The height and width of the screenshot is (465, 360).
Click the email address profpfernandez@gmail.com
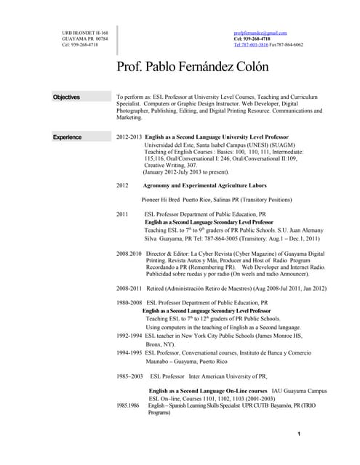tap(260, 33)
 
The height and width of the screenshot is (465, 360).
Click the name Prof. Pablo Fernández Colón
tap(192, 67)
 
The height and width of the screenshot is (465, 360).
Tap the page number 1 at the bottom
tap(299, 434)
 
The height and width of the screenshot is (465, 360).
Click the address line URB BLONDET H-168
tap(85, 33)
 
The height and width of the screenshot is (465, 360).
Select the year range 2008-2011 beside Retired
tap(129, 287)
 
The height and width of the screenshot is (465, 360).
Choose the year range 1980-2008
tap(129, 302)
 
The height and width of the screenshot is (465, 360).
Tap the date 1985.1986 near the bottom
tap(128, 405)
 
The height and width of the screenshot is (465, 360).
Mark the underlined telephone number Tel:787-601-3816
tap(251, 45)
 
